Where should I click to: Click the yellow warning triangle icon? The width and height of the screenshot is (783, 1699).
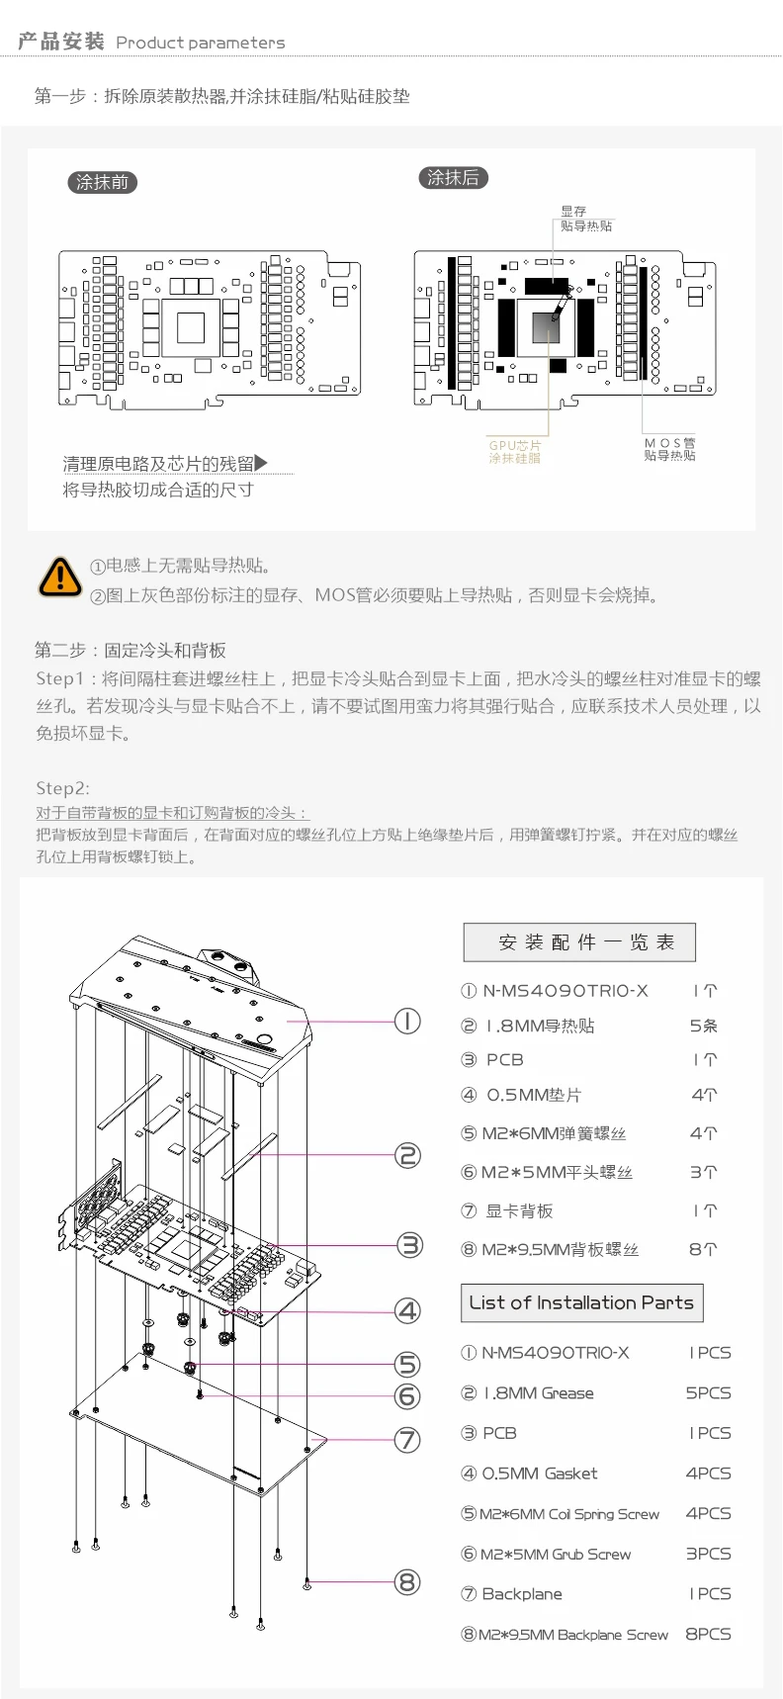tap(59, 577)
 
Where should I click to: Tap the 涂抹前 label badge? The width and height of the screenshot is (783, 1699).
tap(102, 182)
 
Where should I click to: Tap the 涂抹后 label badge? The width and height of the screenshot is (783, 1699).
tap(453, 178)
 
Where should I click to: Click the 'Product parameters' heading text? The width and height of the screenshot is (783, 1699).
tap(200, 43)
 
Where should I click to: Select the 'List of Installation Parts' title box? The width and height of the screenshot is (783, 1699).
tap(581, 1302)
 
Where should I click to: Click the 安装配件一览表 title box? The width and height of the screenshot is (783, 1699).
tap(579, 942)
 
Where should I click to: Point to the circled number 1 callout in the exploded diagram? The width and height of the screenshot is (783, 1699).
tap(407, 1021)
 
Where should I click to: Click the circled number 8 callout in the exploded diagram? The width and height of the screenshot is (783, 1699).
tap(407, 1582)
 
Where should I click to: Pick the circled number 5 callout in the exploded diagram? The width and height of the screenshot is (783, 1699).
tap(407, 1365)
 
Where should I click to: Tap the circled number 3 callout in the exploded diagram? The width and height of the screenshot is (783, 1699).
tap(409, 1245)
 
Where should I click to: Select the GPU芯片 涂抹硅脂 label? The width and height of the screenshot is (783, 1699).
tap(514, 452)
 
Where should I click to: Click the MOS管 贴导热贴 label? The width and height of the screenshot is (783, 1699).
tap(669, 450)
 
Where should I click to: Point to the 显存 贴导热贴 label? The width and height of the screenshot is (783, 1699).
tap(585, 219)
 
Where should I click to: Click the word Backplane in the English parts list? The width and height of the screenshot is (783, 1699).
tap(522, 1594)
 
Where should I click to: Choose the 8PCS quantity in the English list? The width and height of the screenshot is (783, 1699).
tap(708, 1634)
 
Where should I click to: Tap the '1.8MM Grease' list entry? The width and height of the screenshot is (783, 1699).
tap(539, 1393)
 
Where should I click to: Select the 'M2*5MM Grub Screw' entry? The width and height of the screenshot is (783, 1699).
tap(556, 1555)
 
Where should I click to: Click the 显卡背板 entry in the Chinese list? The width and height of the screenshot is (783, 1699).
tap(519, 1210)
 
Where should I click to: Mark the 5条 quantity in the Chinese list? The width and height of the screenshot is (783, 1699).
tap(703, 1027)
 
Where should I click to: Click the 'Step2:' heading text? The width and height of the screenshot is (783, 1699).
tap(62, 788)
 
